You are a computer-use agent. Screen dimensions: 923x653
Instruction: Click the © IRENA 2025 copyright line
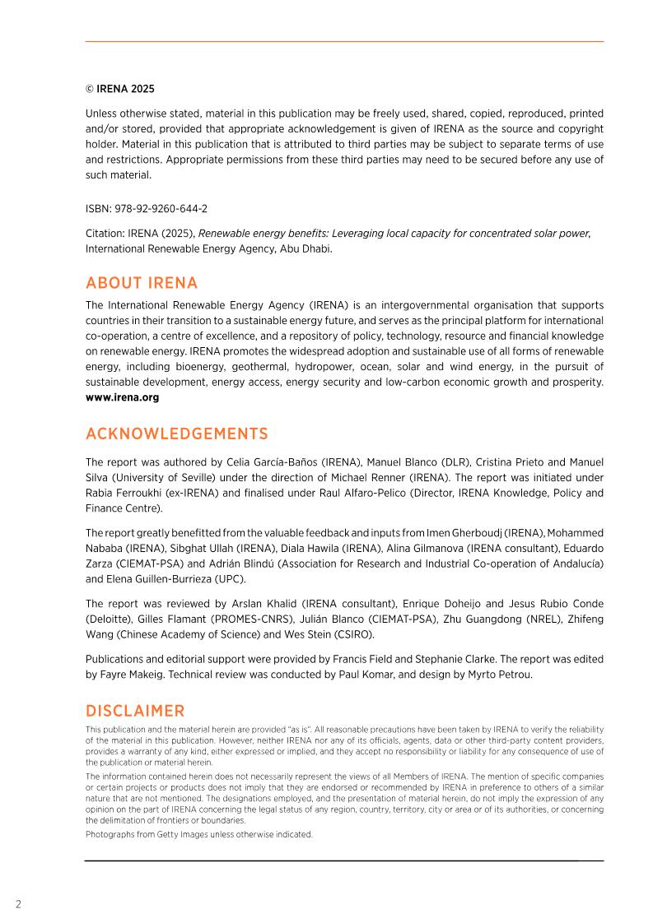[120, 89]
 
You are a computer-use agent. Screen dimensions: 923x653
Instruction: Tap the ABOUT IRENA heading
[142, 283]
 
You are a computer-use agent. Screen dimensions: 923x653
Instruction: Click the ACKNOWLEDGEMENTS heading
[176, 434]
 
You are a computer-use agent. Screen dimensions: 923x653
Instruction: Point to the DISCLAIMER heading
[135, 711]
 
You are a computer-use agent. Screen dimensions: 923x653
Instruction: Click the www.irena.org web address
[123, 397]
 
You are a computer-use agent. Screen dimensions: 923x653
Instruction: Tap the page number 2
[18, 904]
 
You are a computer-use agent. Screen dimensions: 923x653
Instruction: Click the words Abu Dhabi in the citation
[308, 248]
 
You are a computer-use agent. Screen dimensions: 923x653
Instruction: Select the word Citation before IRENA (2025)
[104, 233]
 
